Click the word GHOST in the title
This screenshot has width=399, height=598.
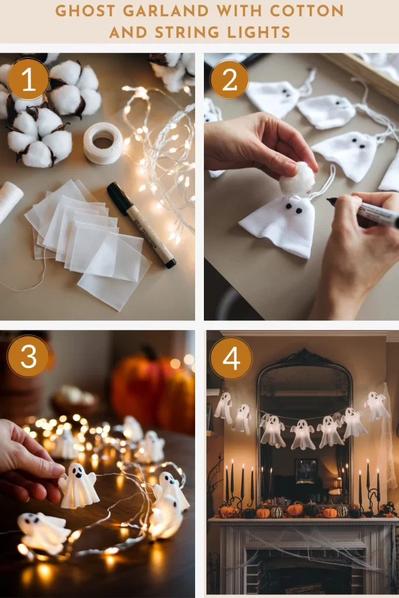(85, 11)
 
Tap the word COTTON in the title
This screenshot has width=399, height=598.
(307, 11)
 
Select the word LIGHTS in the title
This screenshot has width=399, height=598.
(259, 33)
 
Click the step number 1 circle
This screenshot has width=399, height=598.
(28, 79)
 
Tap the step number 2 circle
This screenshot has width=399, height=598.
(229, 79)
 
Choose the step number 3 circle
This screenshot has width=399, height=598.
(28, 356)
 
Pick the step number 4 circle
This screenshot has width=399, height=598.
(231, 358)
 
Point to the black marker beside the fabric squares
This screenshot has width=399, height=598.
(141, 224)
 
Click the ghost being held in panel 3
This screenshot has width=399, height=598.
(78, 486)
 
